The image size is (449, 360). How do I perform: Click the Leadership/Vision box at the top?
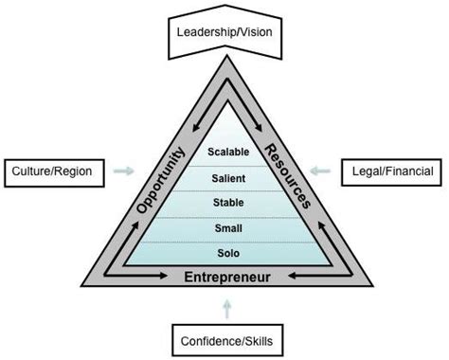pos(224,30)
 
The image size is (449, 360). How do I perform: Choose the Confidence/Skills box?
pos(224,340)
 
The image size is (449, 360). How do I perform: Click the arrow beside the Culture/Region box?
pos(122,171)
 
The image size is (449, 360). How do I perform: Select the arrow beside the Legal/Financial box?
pos(328,171)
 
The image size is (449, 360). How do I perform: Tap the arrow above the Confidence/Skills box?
pos(224,307)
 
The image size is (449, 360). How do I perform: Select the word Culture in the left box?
pos(31,171)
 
